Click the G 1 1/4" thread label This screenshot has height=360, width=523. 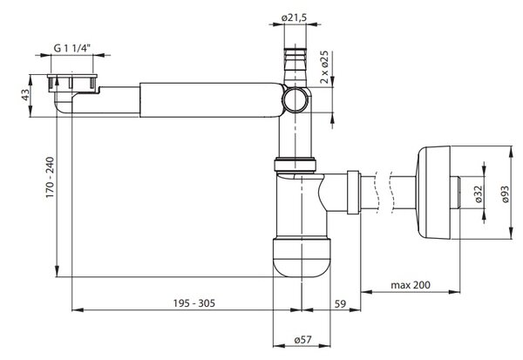tap(72, 48)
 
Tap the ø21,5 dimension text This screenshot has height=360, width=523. tap(294, 17)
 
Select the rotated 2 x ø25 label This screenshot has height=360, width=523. tap(324, 67)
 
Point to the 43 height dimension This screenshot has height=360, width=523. tap(25, 95)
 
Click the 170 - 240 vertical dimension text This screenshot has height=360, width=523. tap(50, 177)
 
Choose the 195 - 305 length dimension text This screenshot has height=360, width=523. tap(194, 303)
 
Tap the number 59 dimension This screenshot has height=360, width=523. tap(340, 303)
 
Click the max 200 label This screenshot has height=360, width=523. tap(411, 285)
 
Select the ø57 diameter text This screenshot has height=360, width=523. tap(302, 340)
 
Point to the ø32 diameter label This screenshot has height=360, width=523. tap(479, 194)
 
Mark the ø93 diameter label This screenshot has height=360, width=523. tap(505, 194)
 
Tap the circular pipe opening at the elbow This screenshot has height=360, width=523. tap(295, 99)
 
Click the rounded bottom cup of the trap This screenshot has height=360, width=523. tap(302, 257)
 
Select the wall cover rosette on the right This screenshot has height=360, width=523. tap(433, 193)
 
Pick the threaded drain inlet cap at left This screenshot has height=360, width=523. tap(72, 83)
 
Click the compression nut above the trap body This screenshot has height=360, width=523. tap(295, 165)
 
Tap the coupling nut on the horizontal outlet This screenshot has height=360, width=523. tap(353, 192)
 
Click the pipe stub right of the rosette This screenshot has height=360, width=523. tap(455, 193)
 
